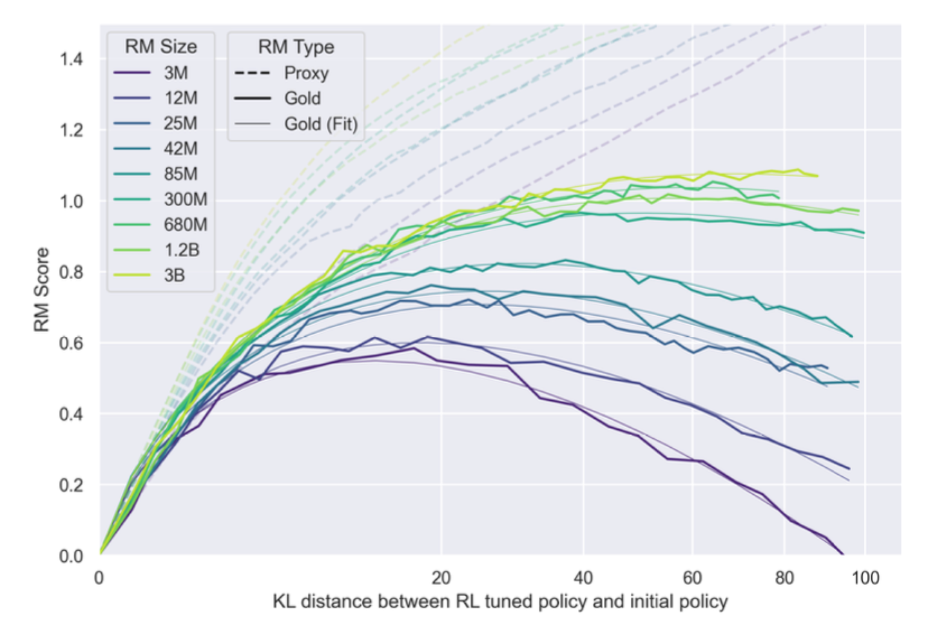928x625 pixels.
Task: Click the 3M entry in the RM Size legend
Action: pos(175,73)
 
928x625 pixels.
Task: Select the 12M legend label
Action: pos(180,98)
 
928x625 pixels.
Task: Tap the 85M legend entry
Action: pos(180,174)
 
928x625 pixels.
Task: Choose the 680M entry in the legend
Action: pos(185,224)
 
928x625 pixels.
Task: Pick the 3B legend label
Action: pos(174,275)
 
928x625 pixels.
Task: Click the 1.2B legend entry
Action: pos(181,250)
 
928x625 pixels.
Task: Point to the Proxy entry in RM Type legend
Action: pos(306,73)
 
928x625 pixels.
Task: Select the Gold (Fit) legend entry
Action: pos(320,124)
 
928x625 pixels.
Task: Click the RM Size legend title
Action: pos(160,46)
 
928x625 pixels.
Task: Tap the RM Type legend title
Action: pos(296,47)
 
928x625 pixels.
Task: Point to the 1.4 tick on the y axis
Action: pos(71,59)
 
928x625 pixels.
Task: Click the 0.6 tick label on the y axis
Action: pos(71,343)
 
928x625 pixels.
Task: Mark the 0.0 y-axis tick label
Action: pos(71,555)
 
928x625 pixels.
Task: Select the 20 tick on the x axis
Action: pos(441,577)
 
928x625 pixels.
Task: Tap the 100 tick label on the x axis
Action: pos(865,577)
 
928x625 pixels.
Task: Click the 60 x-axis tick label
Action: pos(692,577)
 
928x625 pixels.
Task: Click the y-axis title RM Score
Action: pos(41,289)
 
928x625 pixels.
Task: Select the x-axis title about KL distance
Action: pos(500,602)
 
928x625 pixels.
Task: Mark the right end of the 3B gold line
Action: pos(817,175)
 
